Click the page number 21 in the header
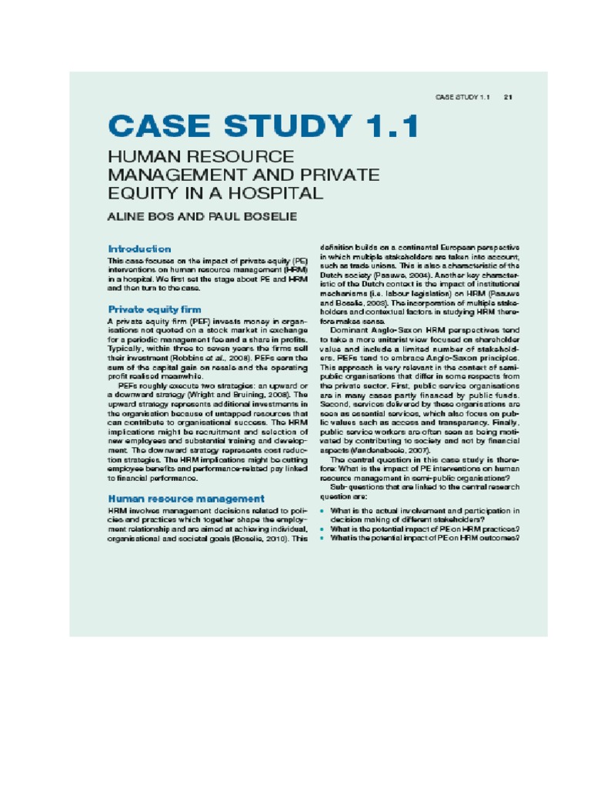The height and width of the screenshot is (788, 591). [509, 98]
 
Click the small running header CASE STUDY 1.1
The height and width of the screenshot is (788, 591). [462, 98]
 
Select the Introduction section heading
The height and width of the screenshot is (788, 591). [139, 249]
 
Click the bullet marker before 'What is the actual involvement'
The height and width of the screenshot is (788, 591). [322, 510]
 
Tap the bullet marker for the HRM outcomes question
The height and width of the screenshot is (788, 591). [322, 538]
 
